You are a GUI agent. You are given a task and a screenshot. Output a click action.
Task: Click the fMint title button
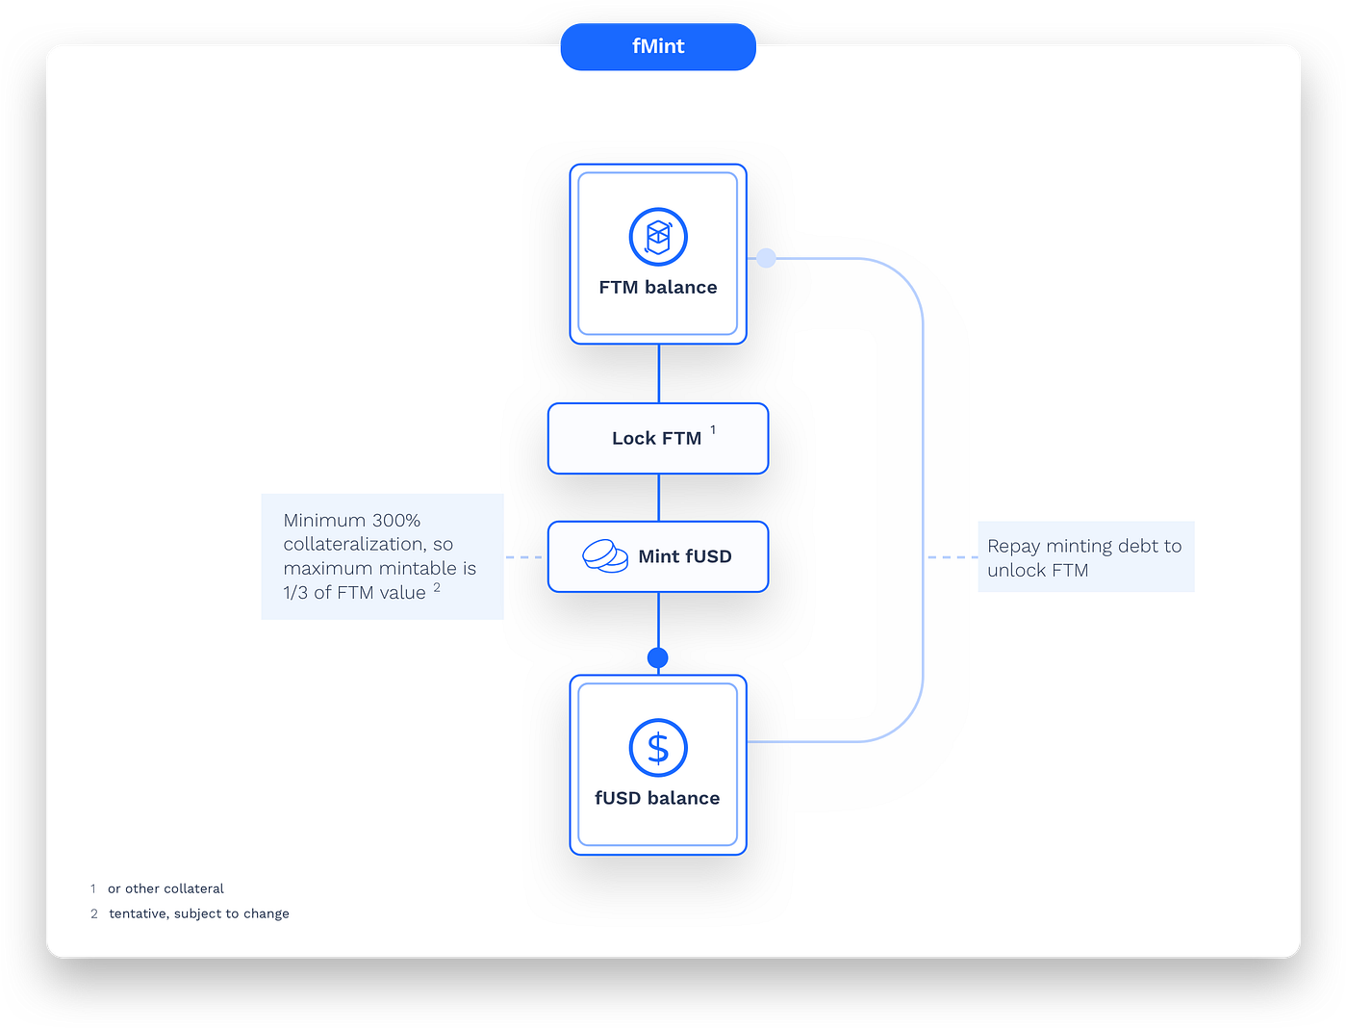coord(658,46)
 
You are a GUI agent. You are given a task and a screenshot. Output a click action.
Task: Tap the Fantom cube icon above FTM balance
coord(658,237)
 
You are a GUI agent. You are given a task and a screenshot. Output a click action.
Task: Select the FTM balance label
coord(658,287)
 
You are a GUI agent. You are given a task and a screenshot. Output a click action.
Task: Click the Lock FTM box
coord(658,438)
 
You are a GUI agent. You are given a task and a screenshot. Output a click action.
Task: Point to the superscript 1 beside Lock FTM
coord(713,429)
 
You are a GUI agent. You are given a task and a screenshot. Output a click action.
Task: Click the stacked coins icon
coord(605,556)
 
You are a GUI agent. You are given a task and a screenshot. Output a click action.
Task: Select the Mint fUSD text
coord(685,556)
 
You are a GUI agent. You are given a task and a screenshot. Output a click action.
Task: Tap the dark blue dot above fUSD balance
coord(658,658)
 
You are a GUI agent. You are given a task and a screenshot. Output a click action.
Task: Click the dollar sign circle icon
coord(658,748)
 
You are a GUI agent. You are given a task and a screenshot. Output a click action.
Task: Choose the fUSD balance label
coord(657,798)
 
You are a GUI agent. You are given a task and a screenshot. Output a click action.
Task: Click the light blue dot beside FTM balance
coord(766,258)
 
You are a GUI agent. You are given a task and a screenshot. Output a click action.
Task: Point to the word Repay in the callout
coord(1014,546)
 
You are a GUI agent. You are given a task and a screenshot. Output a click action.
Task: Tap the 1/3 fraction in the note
coord(295,593)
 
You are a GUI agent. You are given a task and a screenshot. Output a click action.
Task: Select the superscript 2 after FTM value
coord(437,587)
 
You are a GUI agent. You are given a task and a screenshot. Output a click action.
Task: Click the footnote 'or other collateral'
coord(165,888)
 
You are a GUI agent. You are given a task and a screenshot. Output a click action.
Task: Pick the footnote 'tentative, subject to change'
coord(199,913)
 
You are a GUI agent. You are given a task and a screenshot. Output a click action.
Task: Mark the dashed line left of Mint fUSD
coord(524,557)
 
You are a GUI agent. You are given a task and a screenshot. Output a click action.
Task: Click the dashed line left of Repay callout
coord(953,557)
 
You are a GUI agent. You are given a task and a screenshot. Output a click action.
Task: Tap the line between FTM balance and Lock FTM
coord(658,373)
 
